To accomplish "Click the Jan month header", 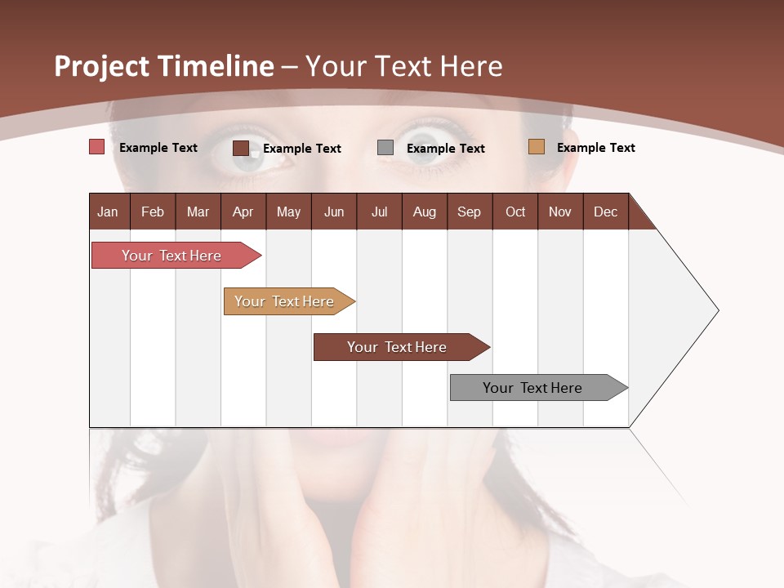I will tap(108, 212).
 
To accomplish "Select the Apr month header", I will tap(243, 212).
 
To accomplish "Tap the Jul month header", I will tap(379, 212).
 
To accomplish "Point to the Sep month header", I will tap(469, 212).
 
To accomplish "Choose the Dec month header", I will tap(605, 212).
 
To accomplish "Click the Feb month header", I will tap(153, 212).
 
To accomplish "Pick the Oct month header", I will tap(515, 212).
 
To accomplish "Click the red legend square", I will tap(96, 147).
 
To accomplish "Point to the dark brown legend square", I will tap(240, 148).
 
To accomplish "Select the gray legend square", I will tap(385, 148).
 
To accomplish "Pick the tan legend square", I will tap(536, 147).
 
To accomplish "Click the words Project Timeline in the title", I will tap(163, 66).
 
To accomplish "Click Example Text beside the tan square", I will tap(595, 147).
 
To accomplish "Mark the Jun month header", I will tap(333, 212).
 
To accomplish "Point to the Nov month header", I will tap(559, 212).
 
